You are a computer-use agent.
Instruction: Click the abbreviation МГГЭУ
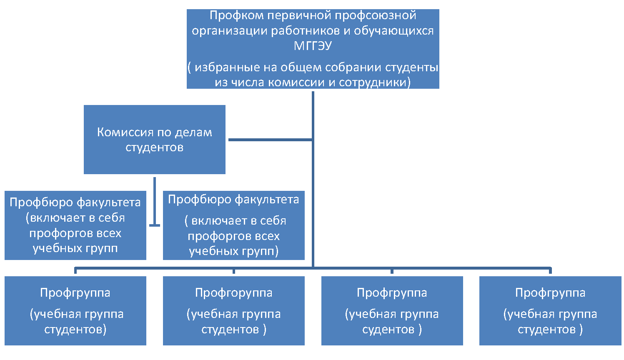(313, 46)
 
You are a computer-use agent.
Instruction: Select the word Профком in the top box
(236, 15)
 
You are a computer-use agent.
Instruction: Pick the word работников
(305, 31)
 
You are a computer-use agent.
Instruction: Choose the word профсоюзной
(376, 15)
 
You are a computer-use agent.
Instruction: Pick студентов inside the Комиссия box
(154, 147)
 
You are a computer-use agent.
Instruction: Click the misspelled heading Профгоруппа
(233, 292)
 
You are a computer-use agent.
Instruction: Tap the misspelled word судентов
(388, 330)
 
